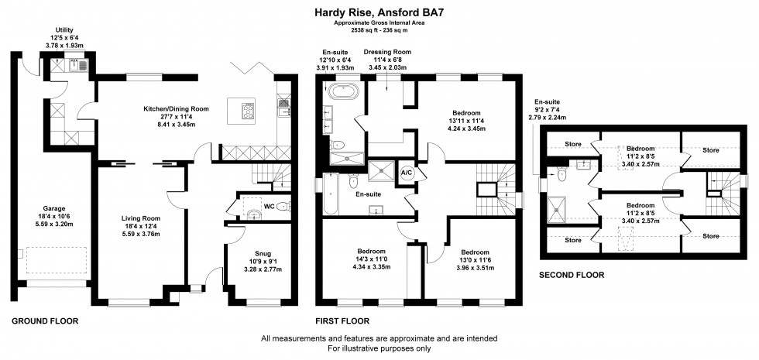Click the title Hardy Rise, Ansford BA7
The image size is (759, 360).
(379, 12)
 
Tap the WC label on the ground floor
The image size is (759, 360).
(269, 207)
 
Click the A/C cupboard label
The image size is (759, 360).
(406, 172)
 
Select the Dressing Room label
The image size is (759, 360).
(387, 52)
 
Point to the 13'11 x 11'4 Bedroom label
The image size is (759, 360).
(466, 114)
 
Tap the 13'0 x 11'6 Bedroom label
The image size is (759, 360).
(476, 252)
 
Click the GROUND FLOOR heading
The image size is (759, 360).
(45, 320)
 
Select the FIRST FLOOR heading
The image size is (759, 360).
(342, 320)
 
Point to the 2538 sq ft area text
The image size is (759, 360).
(379, 30)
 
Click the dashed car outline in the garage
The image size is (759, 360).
(57, 259)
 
